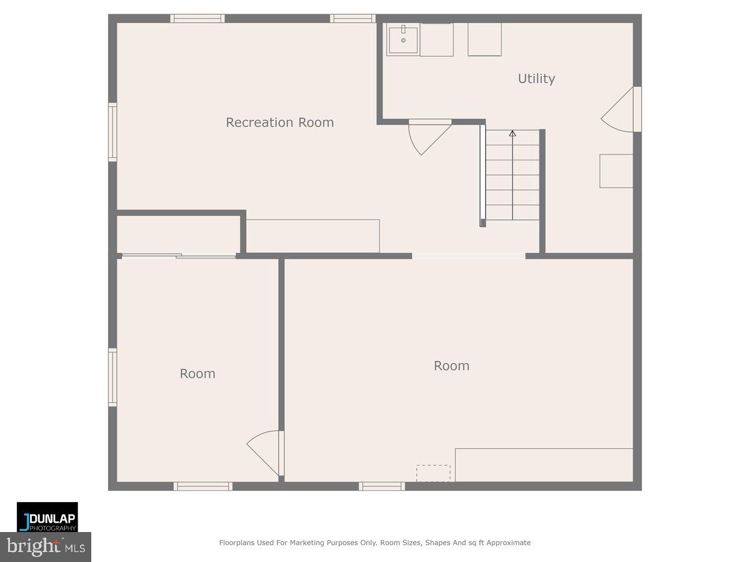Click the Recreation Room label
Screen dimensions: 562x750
coord(279,122)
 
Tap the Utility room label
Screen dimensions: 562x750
coord(536,79)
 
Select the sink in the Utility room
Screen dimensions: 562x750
coord(402,40)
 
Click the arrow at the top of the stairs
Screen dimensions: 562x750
coord(512,133)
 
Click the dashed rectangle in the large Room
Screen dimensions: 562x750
coord(433,473)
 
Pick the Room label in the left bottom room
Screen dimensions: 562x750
coord(197,373)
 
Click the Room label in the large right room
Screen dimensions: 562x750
coord(451,366)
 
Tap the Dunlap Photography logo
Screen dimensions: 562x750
coord(47,517)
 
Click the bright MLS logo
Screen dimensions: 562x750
coord(45,547)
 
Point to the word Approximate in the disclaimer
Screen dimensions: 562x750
coord(508,543)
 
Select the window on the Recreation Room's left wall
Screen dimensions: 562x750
coord(112,132)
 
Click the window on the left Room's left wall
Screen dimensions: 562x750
coord(112,378)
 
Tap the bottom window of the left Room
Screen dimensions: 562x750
coord(203,486)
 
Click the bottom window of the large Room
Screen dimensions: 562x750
coord(382,486)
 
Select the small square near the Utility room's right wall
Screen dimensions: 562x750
coord(616,170)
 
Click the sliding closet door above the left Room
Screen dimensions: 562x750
coord(179,255)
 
